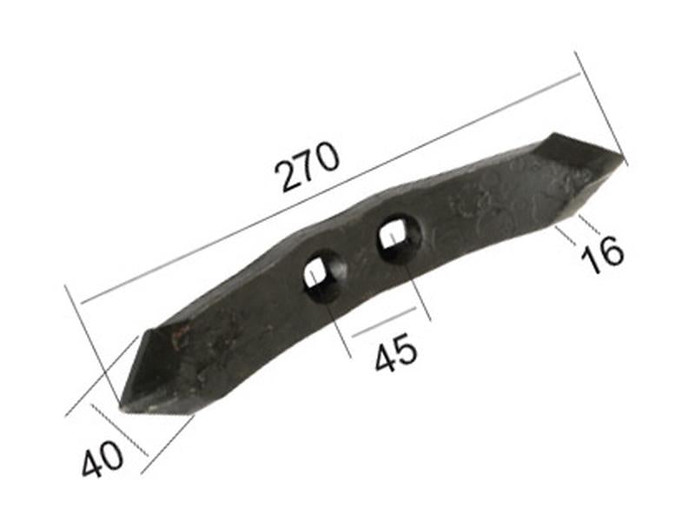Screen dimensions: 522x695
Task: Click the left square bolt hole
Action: click(x=323, y=276)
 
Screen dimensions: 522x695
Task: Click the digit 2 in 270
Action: click(x=288, y=175)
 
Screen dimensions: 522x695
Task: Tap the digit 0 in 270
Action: click(x=327, y=157)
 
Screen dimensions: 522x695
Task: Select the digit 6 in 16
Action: click(x=611, y=251)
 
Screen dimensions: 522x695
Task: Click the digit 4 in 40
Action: click(x=92, y=464)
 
